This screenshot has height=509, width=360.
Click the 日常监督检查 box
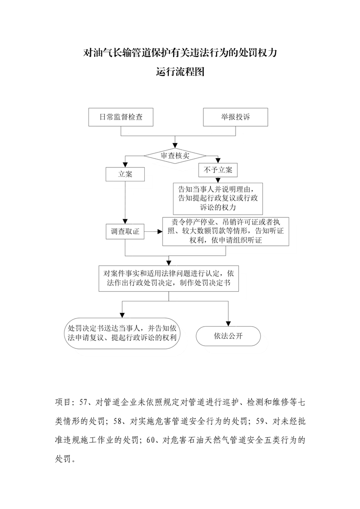click(121, 117)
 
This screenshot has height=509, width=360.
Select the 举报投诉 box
click(236, 117)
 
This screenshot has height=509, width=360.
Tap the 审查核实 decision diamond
click(175, 156)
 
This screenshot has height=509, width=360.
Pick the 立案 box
click(125, 174)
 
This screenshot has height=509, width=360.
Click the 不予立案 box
click(218, 170)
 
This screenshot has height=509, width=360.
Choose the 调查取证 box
click(125, 231)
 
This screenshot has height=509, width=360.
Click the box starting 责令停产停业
click(226, 231)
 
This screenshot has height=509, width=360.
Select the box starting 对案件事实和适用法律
click(168, 278)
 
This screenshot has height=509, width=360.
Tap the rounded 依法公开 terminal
click(228, 336)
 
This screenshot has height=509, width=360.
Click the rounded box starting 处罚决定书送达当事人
click(122, 333)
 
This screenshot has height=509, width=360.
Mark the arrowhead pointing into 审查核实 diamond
click(175, 146)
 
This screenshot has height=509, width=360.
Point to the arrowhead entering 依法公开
click(228, 324)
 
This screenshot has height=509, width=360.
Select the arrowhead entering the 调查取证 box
click(125, 222)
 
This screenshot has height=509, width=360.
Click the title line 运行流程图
click(180, 71)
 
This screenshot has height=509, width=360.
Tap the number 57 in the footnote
click(84, 402)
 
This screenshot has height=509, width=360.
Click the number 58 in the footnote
click(118, 421)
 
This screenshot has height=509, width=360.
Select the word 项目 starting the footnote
click(63, 402)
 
